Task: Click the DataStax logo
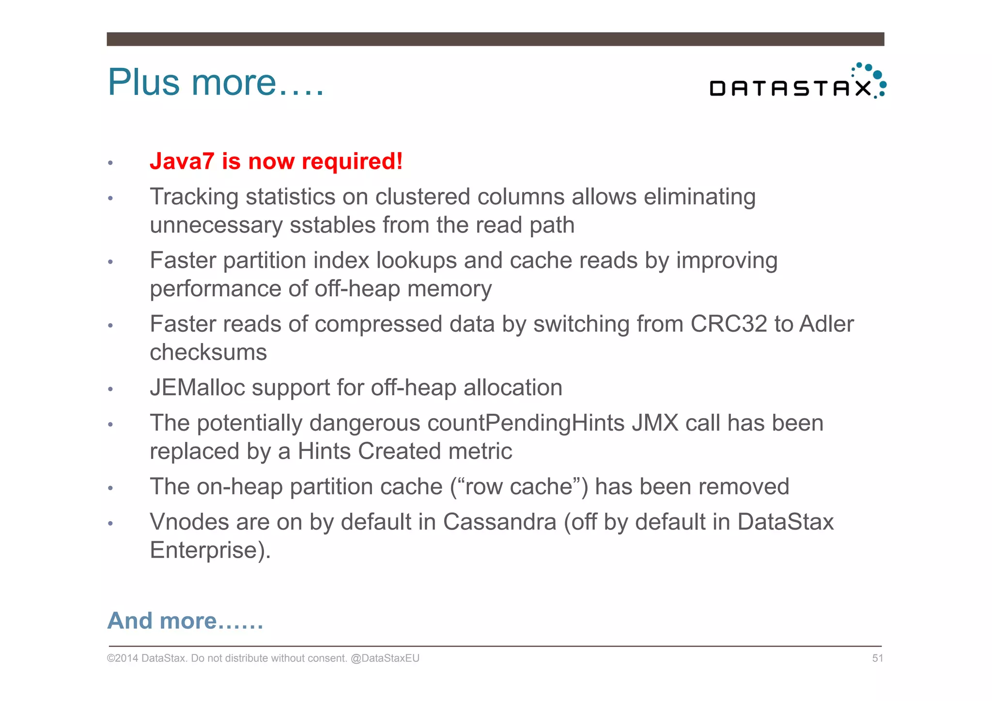pyautogui.click(x=797, y=82)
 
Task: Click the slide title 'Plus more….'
pyautogui.click(x=216, y=82)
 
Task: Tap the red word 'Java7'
pyautogui.click(x=182, y=161)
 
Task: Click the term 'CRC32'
pyautogui.click(x=728, y=324)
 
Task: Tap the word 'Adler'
pyautogui.click(x=826, y=324)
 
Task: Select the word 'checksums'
pyautogui.click(x=208, y=352)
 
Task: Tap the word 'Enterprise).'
pyautogui.click(x=210, y=550)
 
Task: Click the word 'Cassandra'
pyautogui.click(x=499, y=522)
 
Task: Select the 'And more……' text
pyautogui.click(x=185, y=621)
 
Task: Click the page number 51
pyautogui.click(x=877, y=658)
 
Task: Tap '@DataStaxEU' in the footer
pyautogui.click(x=385, y=658)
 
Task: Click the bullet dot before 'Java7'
pyautogui.click(x=110, y=163)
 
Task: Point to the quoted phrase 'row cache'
pyautogui.click(x=519, y=486)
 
